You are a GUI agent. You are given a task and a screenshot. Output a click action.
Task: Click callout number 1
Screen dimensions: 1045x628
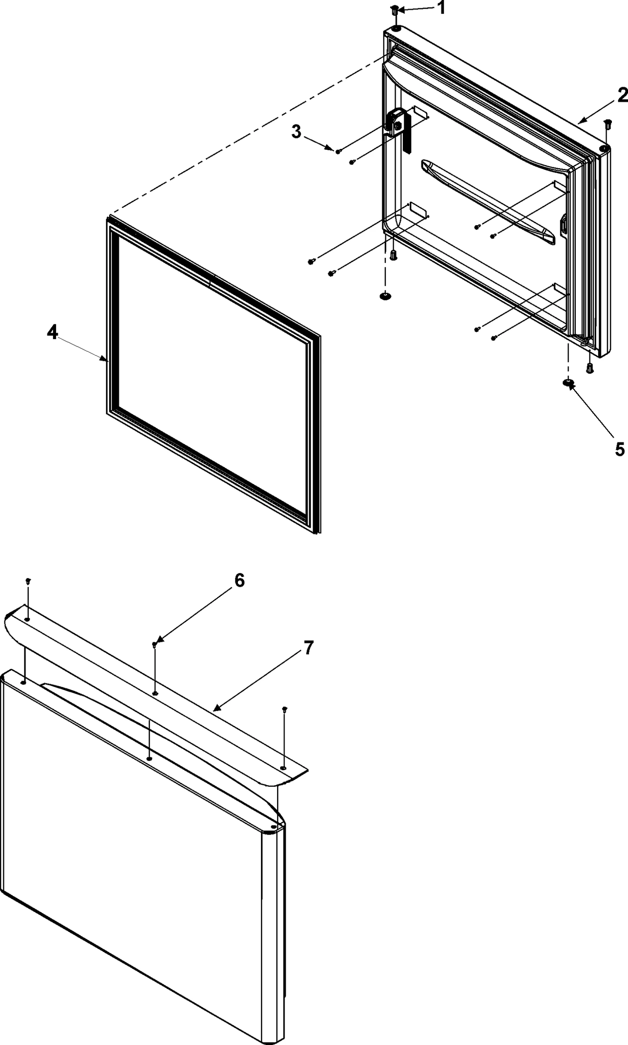click(441, 7)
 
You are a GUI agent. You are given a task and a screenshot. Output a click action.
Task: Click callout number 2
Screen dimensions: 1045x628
click(622, 95)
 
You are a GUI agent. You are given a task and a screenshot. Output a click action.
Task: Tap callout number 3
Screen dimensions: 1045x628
click(296, 131)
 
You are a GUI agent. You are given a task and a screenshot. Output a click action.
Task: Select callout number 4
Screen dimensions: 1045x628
click(52, 333)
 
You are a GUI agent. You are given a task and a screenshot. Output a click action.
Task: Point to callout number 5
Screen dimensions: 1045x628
click(619, 448)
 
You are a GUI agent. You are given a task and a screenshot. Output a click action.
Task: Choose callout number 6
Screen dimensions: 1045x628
click(240, 580)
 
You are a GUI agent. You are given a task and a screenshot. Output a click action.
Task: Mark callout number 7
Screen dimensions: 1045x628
click(308, 648)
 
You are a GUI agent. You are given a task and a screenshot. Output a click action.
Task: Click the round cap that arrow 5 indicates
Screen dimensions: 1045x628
click(568, 383)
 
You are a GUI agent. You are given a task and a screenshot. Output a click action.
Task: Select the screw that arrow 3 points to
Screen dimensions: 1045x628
click(338, 151)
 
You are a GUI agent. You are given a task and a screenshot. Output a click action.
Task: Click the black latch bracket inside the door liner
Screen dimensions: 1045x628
click(398, 128)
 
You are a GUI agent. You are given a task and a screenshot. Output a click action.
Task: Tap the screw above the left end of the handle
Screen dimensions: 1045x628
click(28, 580)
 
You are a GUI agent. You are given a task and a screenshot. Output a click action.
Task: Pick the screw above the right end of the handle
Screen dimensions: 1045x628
click(284, 709)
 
